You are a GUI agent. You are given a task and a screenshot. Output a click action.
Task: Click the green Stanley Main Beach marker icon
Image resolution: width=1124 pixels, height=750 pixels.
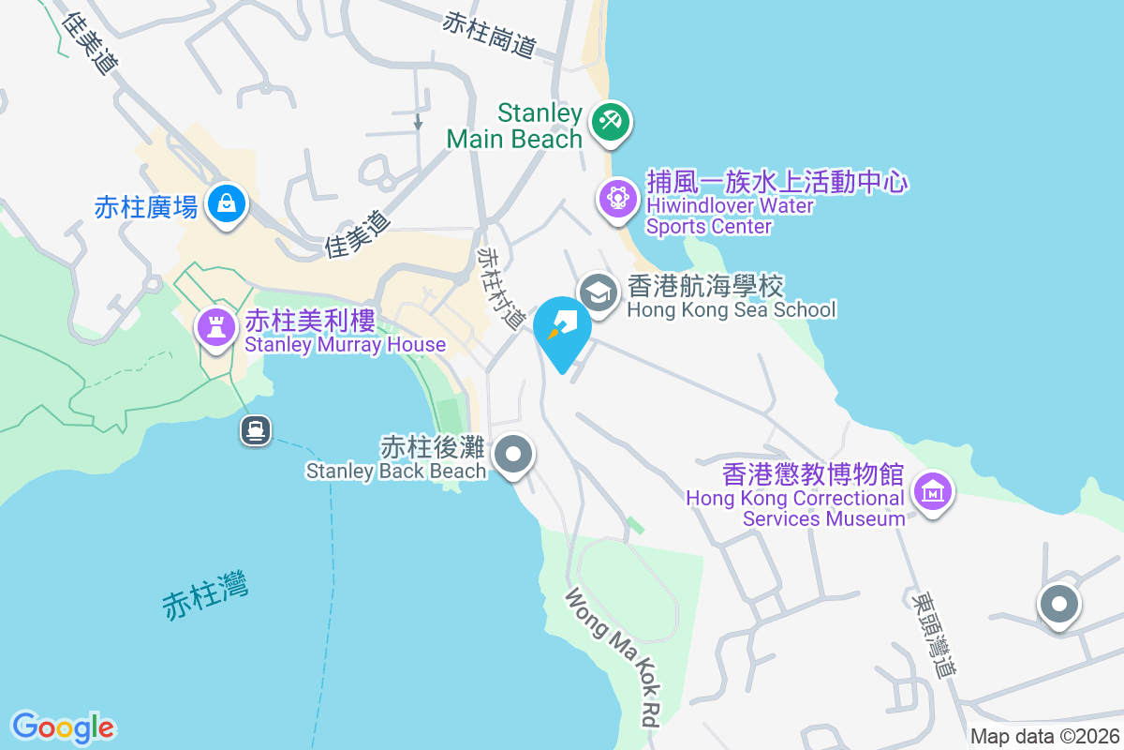611,123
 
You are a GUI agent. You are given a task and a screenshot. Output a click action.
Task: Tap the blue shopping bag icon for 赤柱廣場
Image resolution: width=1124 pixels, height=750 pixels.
226,202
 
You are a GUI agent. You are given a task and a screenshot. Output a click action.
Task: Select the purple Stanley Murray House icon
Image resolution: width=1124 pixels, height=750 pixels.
215,327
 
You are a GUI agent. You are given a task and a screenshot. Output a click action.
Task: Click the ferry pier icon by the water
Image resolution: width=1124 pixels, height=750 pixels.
256,430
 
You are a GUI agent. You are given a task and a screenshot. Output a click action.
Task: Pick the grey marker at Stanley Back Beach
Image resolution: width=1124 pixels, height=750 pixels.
512,457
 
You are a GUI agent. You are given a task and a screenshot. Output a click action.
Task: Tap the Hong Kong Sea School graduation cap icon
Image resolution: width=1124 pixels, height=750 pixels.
598,292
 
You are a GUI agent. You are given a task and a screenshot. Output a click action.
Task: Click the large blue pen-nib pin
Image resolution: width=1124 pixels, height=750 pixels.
562,328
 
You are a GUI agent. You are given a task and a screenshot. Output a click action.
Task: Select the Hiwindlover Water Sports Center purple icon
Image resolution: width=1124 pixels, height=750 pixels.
617,200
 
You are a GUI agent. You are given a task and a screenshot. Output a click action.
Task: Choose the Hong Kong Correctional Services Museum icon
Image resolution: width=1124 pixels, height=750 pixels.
933,491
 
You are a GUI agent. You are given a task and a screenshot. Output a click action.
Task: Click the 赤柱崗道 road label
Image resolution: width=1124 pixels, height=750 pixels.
490,35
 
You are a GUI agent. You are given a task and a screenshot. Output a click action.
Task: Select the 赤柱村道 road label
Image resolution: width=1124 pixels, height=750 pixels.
501,287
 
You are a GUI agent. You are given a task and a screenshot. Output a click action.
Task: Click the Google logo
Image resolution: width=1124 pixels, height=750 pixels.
63,727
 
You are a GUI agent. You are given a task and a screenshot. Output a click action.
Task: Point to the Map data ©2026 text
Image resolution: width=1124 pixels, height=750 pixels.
1044,736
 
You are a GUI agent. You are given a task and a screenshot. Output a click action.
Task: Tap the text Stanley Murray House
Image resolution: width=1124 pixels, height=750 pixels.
345,345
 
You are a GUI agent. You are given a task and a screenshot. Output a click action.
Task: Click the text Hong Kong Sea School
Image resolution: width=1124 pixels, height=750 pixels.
731,309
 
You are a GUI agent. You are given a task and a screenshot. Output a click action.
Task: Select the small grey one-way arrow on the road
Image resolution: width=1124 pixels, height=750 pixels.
418,122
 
